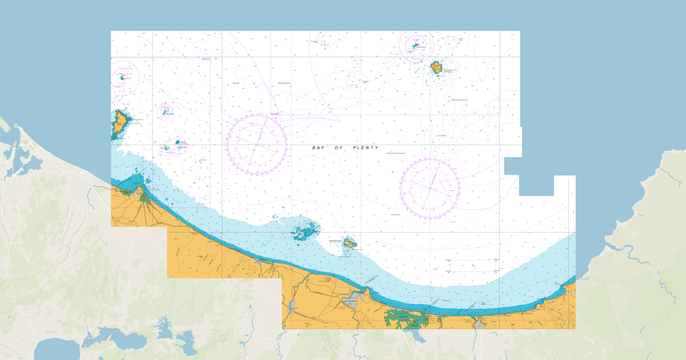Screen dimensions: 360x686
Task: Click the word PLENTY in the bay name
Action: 366,147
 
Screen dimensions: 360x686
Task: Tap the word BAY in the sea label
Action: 318,147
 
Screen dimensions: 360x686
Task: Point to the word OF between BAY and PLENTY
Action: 340,147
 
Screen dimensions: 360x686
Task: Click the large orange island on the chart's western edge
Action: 120,122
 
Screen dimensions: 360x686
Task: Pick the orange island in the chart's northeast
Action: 436,67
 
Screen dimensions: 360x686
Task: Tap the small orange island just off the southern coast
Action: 350,243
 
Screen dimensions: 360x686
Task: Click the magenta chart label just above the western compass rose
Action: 274,114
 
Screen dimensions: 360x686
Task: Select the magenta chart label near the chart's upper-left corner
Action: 206,59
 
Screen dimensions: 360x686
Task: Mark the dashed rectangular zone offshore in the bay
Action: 472,265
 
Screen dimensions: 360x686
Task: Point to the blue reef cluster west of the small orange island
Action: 305,232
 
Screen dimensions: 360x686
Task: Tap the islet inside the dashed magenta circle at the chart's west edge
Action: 122,78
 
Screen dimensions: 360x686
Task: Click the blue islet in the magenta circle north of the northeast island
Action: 416,45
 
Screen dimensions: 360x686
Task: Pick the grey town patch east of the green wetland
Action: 479,324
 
